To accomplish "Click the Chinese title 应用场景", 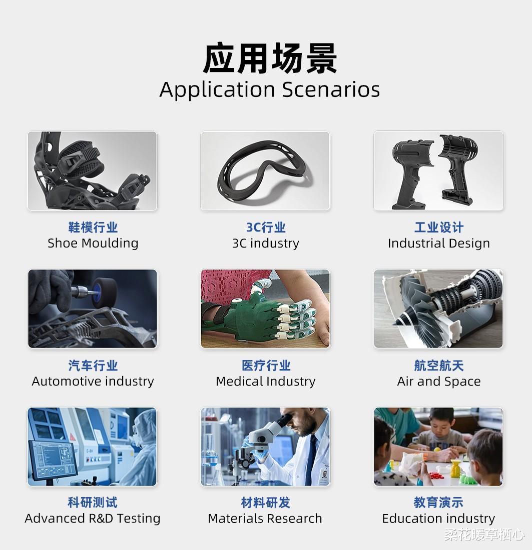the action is pos(270,58).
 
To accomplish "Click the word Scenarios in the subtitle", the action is pos(331,89).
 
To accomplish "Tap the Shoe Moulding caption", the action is pos(93,243).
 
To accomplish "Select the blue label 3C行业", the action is pos(265,227).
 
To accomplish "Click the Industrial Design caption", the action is pos(438,243).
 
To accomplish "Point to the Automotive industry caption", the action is pos(93,381).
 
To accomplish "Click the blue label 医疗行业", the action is pos(266,365).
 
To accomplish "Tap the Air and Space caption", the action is pos(438,381).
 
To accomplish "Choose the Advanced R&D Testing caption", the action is pos(93,518).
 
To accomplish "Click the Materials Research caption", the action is pos(265,518).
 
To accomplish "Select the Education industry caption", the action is pos(438,518).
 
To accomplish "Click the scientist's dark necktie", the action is pos(311,456).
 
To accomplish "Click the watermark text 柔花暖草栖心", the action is pos(484,534).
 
